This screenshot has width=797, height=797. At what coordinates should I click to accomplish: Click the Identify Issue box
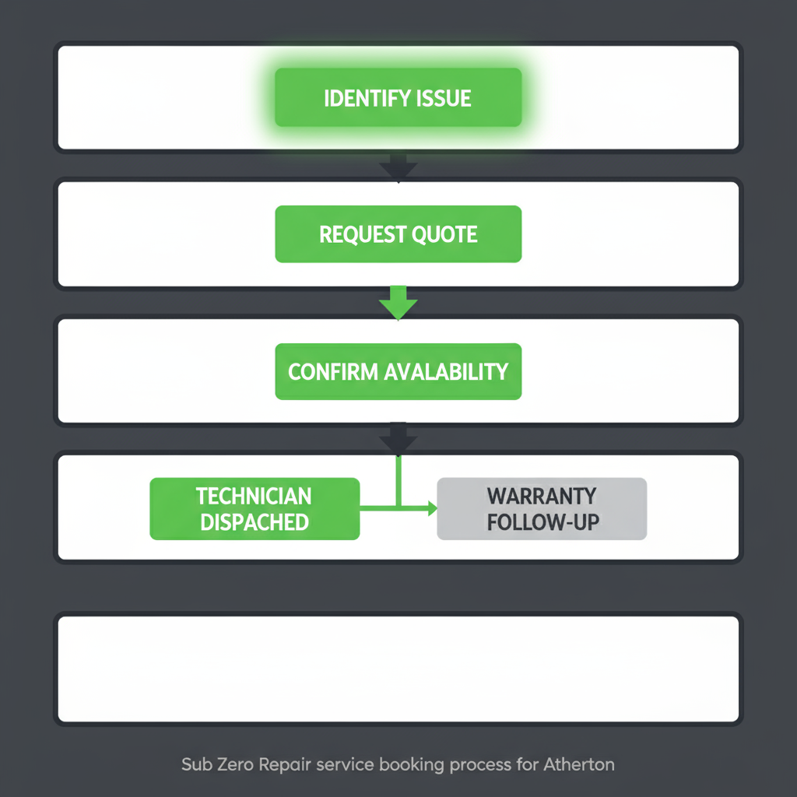398,98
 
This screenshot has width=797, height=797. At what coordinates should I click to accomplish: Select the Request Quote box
398,234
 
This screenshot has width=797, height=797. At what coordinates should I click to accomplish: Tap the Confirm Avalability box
398,371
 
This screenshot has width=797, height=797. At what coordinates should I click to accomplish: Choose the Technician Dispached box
255,508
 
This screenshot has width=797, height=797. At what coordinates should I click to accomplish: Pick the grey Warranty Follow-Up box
542,508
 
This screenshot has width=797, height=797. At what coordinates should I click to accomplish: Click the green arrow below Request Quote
398,304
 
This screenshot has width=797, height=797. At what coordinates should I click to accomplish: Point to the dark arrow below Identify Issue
398,167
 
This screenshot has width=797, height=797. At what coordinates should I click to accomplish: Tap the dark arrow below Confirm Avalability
398,440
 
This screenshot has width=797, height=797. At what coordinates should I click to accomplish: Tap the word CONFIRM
333,371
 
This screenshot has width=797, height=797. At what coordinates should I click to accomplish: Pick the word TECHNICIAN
254,496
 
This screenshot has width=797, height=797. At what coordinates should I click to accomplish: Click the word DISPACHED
254,521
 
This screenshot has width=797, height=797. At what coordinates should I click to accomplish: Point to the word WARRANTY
542,496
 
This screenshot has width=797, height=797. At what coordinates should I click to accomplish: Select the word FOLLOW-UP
542,521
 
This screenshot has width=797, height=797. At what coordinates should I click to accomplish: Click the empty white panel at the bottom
398,669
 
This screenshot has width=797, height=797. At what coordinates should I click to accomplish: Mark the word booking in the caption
410,764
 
